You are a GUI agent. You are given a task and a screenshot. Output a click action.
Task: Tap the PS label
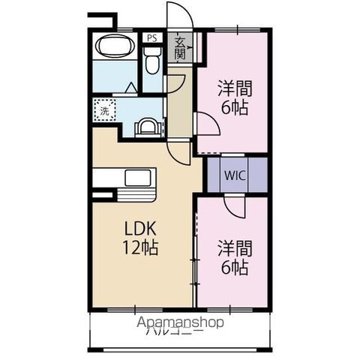click(x=152, y=38)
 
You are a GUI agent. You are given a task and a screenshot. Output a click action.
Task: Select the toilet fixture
click(x=153, y=61)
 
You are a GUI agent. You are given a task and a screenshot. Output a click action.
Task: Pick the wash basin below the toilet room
click(x=148, y=126)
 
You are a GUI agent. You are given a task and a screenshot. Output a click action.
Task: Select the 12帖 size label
click(x=140, y=248)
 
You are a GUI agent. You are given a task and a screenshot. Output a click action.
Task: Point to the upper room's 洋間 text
click(x=235, y=88)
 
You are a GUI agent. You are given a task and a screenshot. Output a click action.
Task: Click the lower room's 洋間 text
click(x=234, y=247)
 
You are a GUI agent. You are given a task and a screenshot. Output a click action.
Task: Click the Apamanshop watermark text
click(x=181, y=323)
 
